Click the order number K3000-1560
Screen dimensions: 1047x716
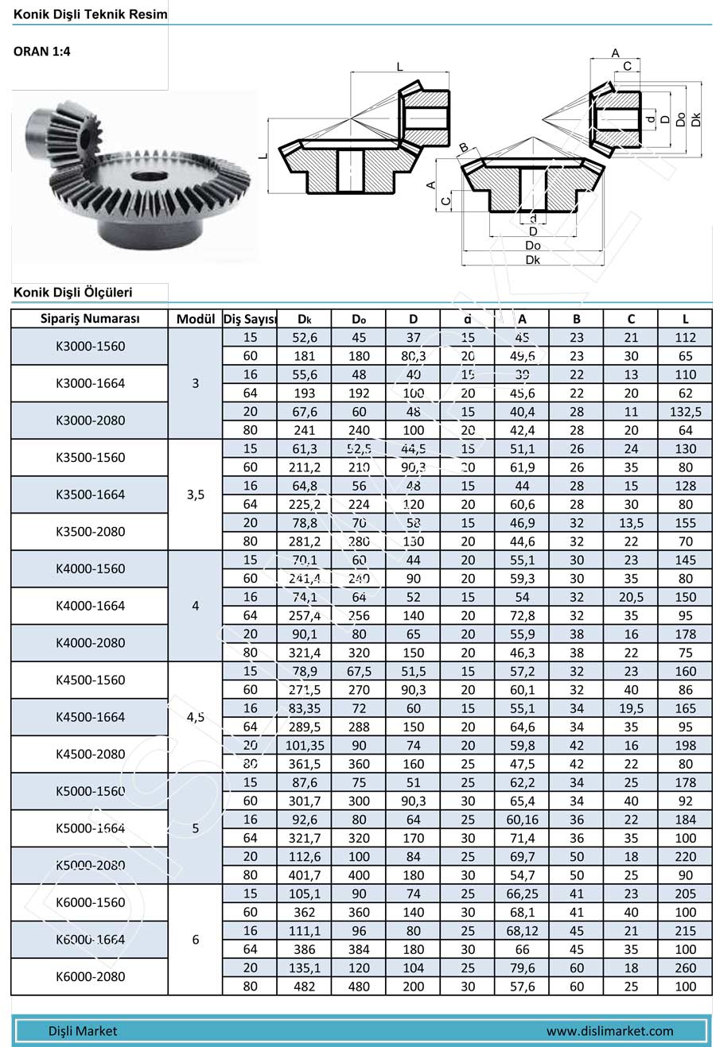90,347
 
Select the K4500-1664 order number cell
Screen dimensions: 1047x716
90,717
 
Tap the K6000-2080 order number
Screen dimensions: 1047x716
90,976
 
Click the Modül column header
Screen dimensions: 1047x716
196,319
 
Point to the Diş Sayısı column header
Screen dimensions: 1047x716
250,319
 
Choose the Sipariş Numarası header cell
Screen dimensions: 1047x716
90,319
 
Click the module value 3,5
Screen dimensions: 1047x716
196,494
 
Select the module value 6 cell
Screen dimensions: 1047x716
196,940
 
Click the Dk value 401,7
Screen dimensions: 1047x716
304,875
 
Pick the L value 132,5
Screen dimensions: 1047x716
685,412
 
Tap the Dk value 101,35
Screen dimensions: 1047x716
304,746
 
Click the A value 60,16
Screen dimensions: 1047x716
522,820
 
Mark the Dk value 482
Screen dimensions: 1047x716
304,987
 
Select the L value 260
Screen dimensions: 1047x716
685,968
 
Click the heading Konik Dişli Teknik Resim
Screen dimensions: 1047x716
90,14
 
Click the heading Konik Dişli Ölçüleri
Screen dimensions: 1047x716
72,293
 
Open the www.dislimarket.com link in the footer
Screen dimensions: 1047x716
609,1031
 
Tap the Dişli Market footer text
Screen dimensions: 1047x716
83,1031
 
